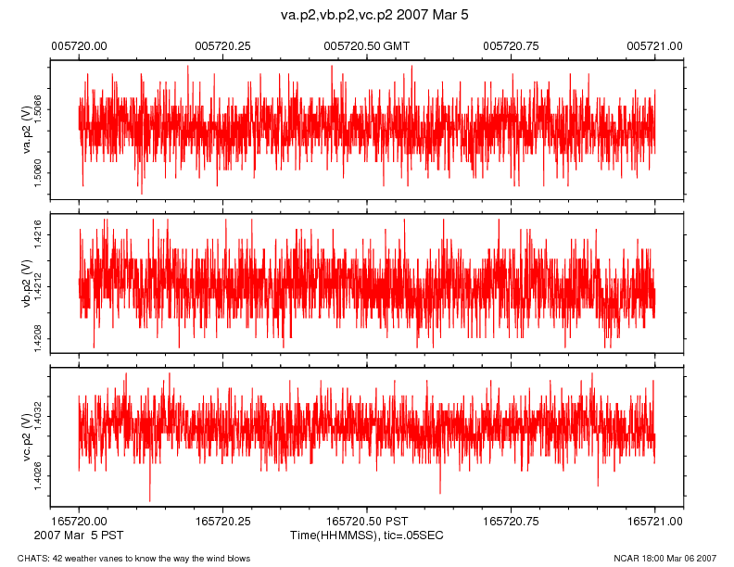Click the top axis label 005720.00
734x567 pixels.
[x=79, y=45]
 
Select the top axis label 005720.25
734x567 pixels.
[x=222, y=45]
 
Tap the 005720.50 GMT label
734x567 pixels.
[x=366, y=45]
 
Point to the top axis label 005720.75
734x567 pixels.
[x=512, y=45]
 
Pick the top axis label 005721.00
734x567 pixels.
[x=655, y=45]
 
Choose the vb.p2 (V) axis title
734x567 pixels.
[x=28, y=283]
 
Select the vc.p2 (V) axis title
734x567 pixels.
[x=28, y=437]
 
